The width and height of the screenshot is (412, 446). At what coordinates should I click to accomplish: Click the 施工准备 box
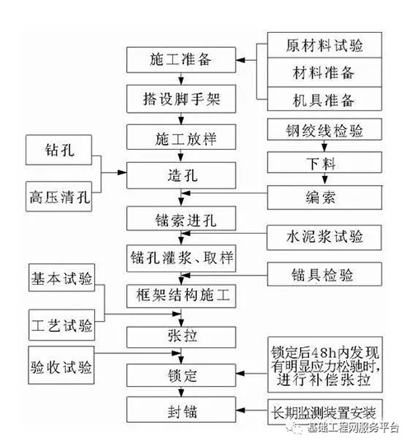pyautogui.click(x=181, y=60)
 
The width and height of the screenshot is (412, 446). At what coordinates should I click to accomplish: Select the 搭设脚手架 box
pyautogui.click(x=181, y=99)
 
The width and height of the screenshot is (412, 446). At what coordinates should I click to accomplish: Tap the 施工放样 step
pyautogui.click(x=181, y=137)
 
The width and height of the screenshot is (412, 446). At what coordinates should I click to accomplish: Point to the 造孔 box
pyautogui.click(x=181, y=175)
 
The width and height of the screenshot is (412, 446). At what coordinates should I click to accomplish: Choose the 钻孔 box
pyautogui.click(x=59, y=150)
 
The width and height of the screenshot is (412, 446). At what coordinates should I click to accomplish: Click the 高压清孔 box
pyautogui.click(x=59, y=197)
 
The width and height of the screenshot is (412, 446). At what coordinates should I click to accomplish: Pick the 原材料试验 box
pyautogui.click(x=325, y=45)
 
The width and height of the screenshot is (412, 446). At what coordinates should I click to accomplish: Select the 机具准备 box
pyautogui.click(x=325, y=99)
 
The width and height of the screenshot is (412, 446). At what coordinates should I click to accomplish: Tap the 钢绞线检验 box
pyautogui.click(x=325, y=130)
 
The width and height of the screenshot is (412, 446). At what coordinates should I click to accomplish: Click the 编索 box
pyautogui.click(x=325, y=197)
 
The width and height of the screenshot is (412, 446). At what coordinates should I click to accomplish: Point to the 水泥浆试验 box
pyautogui.click(x=324, y=238)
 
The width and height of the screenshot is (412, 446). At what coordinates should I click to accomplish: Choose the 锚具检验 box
pyautogui.click(x=325, y=274)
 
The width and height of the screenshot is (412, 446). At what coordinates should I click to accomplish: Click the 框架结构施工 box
pyautogui.click(x=181, y=296)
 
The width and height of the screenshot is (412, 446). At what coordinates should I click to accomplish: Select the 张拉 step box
pyautogui.click(x=181, y=337)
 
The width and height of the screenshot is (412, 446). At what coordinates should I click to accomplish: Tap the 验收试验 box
pyautogui.click(x=61, y=365)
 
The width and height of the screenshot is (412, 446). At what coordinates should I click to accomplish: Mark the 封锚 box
pyautogui.click(x=181, y=410)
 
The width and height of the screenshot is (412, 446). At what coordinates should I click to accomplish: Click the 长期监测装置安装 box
pyautogui.click(x=325, y=412)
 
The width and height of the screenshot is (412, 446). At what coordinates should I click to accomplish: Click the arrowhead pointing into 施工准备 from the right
pyautogui.click(x=241, y=60)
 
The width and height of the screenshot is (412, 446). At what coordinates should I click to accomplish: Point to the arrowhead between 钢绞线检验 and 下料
pyautogui.click(x=324, y=147)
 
